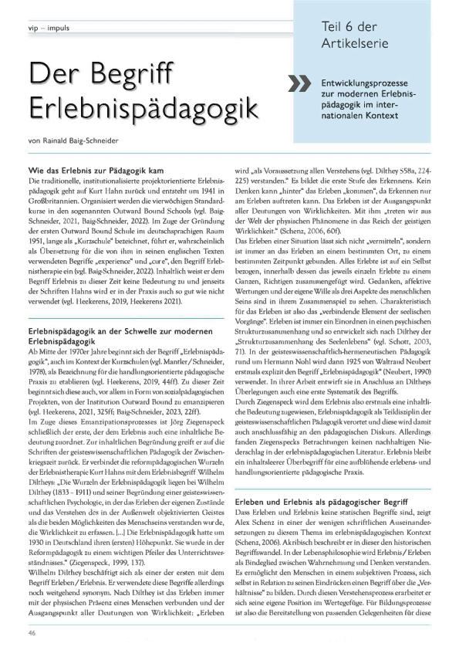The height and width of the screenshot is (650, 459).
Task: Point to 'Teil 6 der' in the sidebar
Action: (347, 25)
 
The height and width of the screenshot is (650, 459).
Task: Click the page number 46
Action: (32, 631)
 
